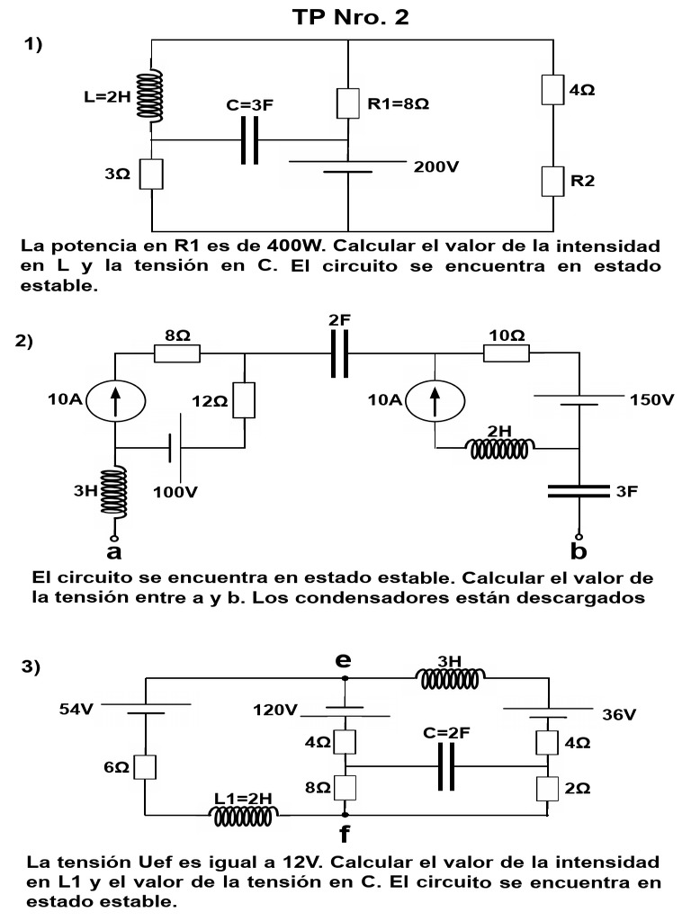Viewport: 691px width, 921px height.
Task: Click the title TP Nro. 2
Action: point(351,17)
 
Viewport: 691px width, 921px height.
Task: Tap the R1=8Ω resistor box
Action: point(347,104)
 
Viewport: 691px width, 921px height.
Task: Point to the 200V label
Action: point(436,166)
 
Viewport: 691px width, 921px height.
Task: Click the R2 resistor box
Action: point(552,181)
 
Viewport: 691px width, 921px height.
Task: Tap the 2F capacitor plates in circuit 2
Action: point(338,353)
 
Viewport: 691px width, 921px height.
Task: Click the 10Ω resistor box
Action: point(506,353)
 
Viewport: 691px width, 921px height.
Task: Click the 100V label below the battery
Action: point(175,493)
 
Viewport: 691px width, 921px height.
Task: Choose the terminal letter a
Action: point(114,550)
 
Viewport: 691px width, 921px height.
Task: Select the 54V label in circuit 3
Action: point(76,710)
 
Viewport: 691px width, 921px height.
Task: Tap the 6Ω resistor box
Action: point(151,766)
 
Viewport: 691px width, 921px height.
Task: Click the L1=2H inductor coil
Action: point(244,815)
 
